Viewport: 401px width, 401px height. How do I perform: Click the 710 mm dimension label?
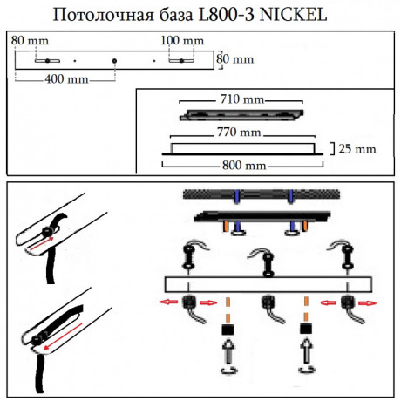point(241,99)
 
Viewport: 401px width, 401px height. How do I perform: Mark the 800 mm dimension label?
point(241,163)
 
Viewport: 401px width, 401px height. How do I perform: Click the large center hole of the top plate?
point(114,59)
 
